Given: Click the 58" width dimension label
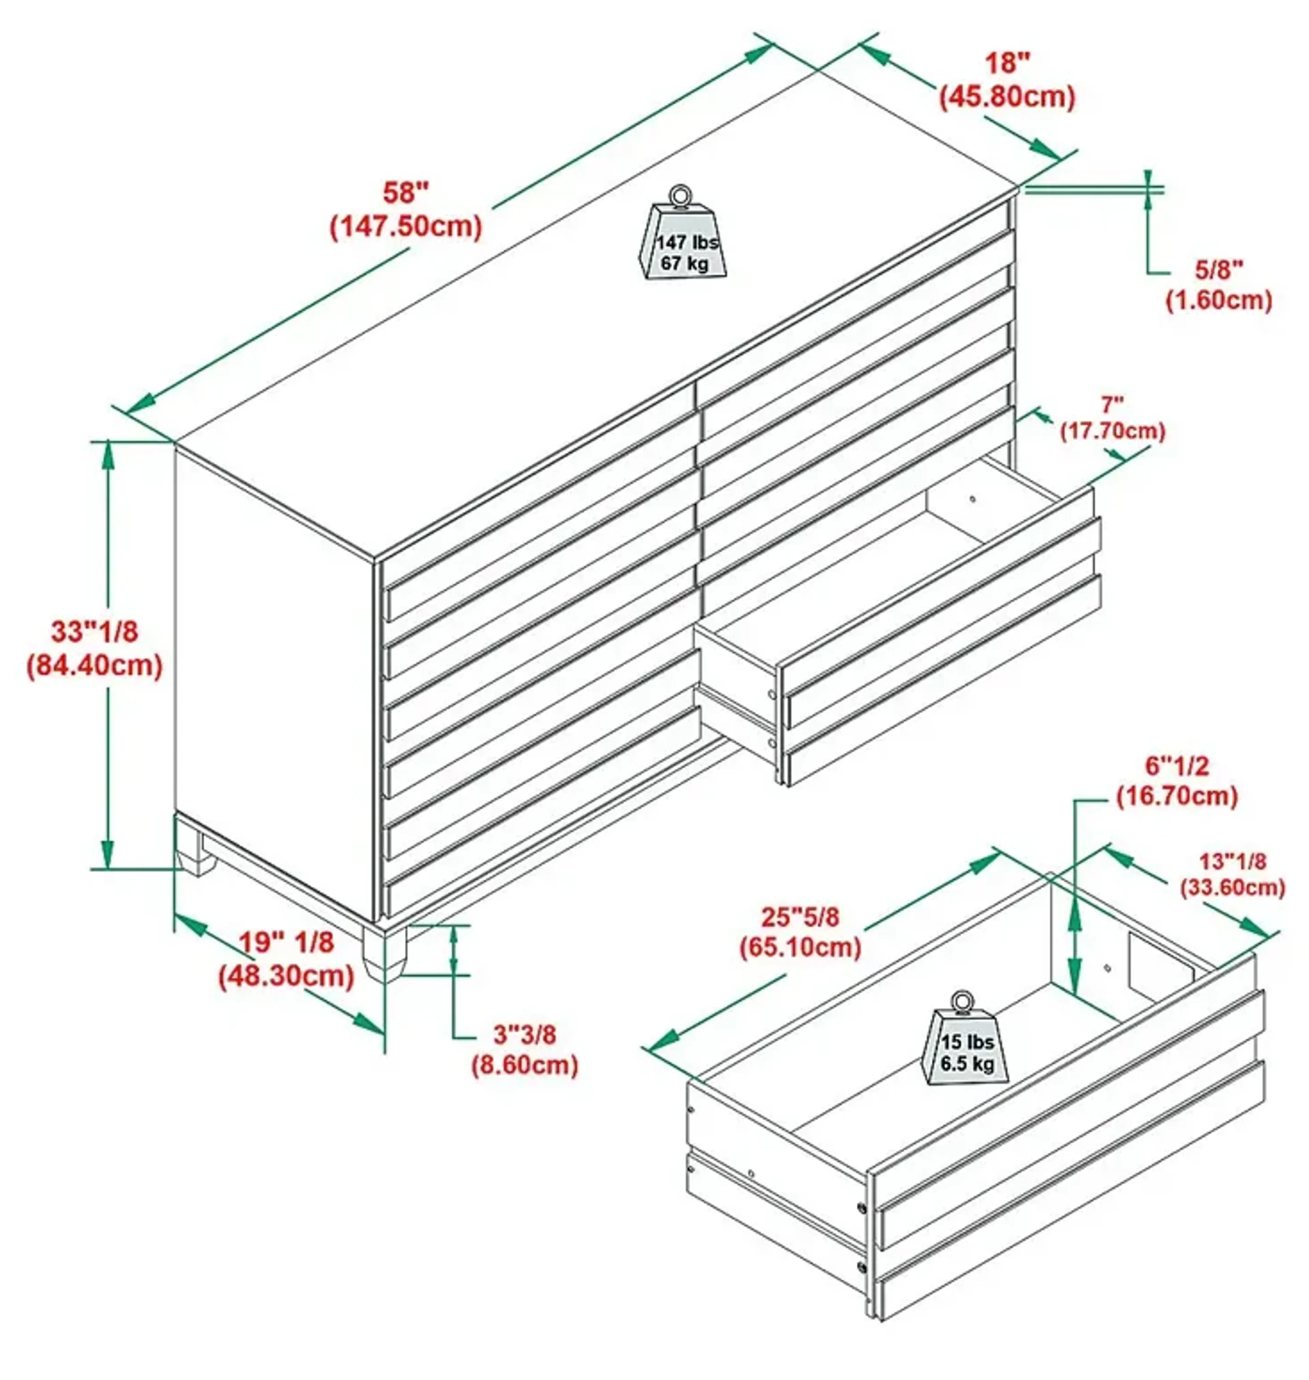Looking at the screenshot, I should [405, 193].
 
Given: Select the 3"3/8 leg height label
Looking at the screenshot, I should [525, 1034].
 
